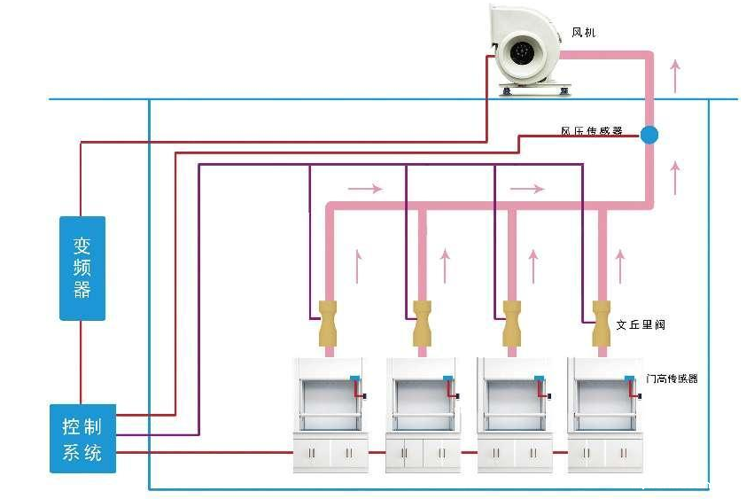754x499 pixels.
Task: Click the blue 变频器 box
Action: pyautogui.click(x=82, y=268)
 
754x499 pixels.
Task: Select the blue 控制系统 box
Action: pyautogui.click(x=82, y=439)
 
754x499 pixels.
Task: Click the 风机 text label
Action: pyautogui.click(x=585, y=33)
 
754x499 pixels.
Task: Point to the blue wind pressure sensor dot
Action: pyautogui.click(x=649, y=135)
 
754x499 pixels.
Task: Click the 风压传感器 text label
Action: pyautogui.click(x=591, y=131)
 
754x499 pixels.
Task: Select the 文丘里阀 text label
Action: pyautogui.click(x=641, y=325)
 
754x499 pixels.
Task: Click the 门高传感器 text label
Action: pyautogui.click(x=672, y=378)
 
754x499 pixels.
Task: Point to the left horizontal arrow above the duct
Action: pyautogui.click(x=365, y=188)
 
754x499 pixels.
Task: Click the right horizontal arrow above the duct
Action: pyautogui.click(x=526, y=188)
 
